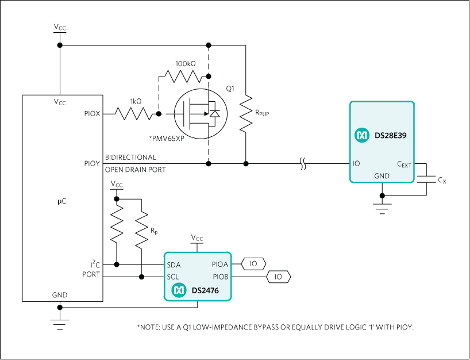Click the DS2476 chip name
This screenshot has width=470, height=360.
205,291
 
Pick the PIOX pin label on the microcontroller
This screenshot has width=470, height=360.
91,114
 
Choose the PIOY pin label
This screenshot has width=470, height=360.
91,164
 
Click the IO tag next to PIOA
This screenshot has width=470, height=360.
253,265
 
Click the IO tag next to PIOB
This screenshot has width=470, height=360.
279,277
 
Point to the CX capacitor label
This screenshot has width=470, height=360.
442,180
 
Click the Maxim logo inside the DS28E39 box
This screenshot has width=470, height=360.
362,136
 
